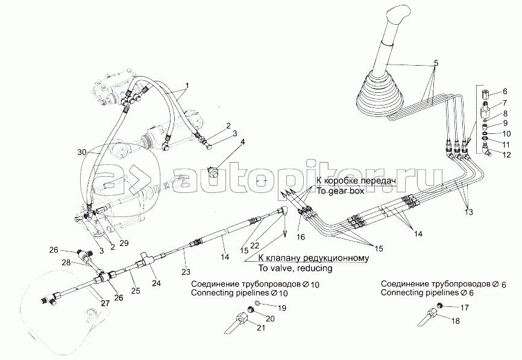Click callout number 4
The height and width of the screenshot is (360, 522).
pos(244,142)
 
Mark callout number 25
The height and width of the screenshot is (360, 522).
pos(136,290)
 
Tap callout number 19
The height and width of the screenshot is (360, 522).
pos(281,308)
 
